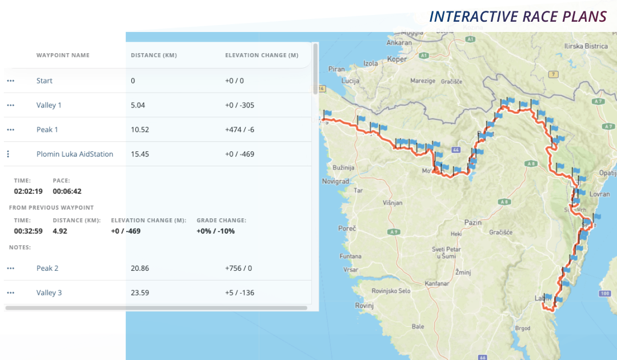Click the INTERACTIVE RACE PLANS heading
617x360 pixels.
pyautogui.click(x=518, y=16)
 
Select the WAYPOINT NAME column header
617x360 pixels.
pyautogui.click(x=63, y=55)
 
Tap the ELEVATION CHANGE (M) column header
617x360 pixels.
pyautogui.click(x=262, y=55)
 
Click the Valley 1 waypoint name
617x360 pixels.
pyautogui.click(x=49, y=105)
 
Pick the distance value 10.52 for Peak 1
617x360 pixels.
pyautogui.click(x=140, y=130)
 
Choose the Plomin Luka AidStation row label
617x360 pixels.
pyautogui.click(x=75, y=154)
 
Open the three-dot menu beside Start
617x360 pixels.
pyautogui.click(x=10, y=81)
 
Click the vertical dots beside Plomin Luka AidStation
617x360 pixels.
pyautogui.click(x=8, y=154)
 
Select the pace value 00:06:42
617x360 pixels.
pyautogui.click(x=67, y=191)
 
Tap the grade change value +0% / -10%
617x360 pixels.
pyautogui.click(x=215, y=231)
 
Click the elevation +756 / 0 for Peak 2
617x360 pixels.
pyautogui.click(x=239, y=268)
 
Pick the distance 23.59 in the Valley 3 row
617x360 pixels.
pyautogui.click(x=140, y=293)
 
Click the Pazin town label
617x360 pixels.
pyautogui.click(x=473, y=222)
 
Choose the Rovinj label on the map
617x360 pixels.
pyautogui.click(x=364, y=306)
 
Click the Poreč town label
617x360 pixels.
pyautogui.click(x=347, y=229)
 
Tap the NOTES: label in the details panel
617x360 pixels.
pyautogui.click(x=20, y=247)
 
